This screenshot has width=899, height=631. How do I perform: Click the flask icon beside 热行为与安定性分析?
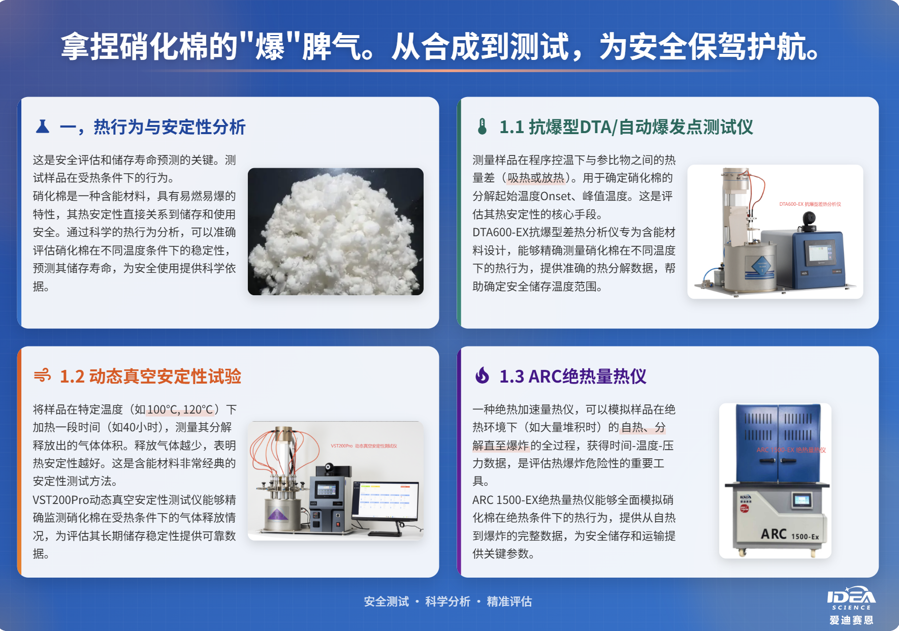(43, 127)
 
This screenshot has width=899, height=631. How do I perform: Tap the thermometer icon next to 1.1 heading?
(482, 127)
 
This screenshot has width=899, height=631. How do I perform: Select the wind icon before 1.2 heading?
(43, 376)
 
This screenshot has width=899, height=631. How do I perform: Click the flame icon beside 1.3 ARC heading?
(482, 376)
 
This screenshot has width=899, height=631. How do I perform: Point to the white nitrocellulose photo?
(335, 232)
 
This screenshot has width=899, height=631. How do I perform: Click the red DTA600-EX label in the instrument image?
(810, 204)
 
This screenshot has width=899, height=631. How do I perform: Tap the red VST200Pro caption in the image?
(364, 446)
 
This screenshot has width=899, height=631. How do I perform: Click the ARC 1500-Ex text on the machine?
(789, 534)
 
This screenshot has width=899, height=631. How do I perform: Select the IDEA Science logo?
(851, 598)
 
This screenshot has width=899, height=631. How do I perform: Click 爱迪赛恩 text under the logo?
(851, 620)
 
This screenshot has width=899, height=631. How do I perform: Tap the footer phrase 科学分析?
(447, 602)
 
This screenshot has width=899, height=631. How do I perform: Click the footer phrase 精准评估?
(509, 602)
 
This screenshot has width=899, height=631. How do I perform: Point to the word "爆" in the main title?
(270, 47)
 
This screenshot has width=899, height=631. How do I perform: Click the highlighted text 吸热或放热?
(536, 178)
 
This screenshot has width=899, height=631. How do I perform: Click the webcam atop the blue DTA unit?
(808, 220)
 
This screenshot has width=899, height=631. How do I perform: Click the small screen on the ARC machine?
(801, 500)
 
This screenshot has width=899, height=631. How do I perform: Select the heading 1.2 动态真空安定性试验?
(150, 376)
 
